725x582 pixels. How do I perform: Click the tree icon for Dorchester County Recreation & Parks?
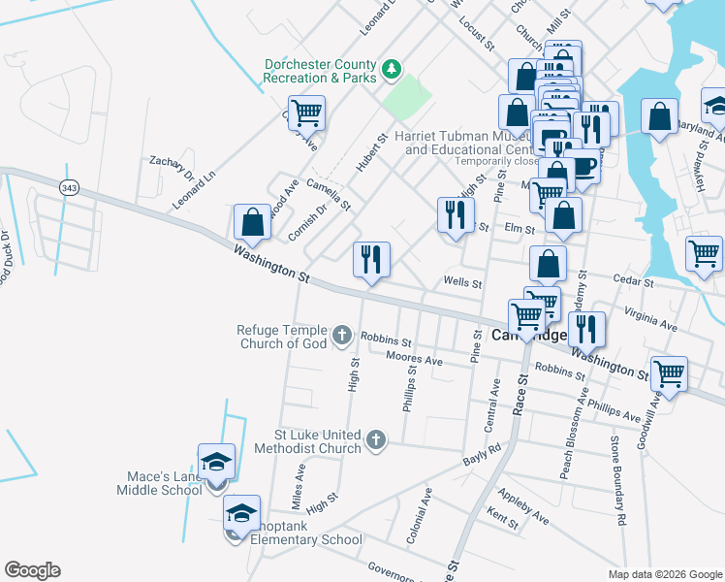pos(391,69)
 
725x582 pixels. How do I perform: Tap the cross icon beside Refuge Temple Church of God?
pos(341,336)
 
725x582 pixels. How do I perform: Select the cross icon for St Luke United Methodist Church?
pos(377,441)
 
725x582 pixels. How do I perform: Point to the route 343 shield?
pos(68,188)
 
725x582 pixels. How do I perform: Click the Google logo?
pos(32,570)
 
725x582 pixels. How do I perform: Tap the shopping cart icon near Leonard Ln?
pos(306,113)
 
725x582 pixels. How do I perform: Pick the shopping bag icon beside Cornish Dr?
pos(252,221)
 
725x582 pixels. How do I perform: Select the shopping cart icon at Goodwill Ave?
pos(668,372)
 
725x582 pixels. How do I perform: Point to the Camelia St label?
pos(329,194)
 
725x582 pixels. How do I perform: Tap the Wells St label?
pos(462,283)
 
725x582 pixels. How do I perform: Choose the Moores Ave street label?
pos(414,360)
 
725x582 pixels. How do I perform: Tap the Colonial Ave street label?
pos(423,515)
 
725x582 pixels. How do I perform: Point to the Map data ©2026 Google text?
pos(664,574)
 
